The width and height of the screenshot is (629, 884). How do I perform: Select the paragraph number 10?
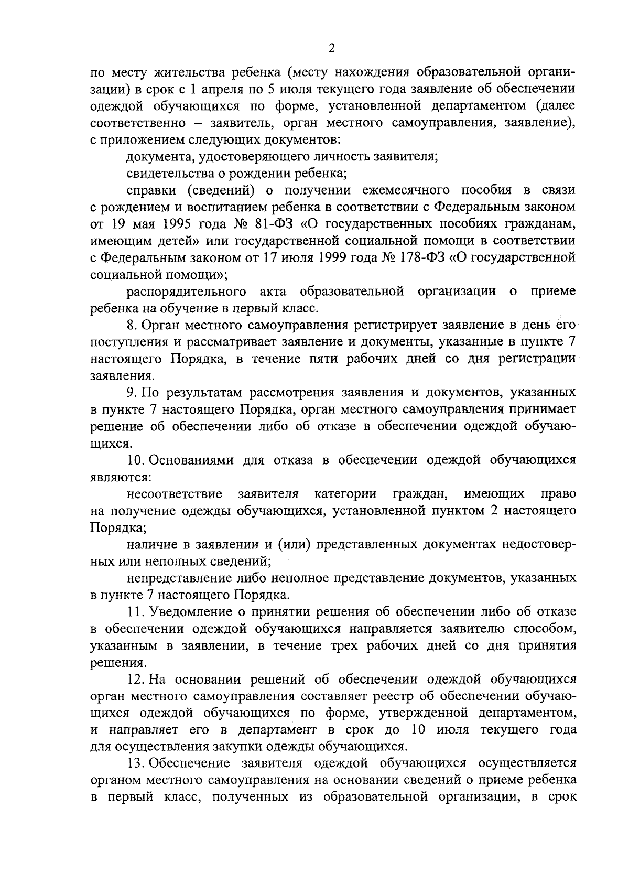[135, 460]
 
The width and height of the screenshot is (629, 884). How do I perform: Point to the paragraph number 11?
[135, 611]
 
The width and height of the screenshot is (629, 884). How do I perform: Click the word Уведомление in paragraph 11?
[191, 611]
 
